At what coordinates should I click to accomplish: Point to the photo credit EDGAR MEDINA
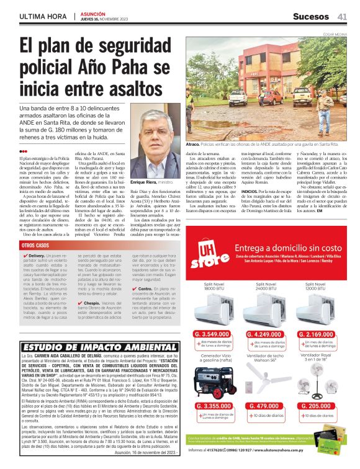pos(336,35)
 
